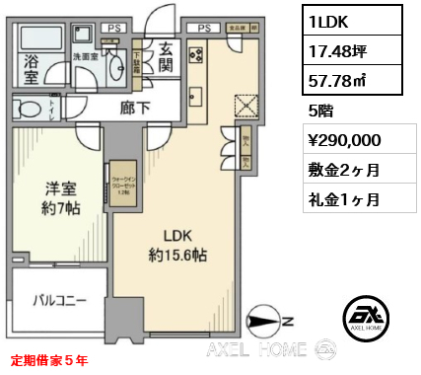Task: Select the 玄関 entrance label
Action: (165, 56)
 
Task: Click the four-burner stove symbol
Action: (195, 54)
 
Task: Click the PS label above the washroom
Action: (113, 30)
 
